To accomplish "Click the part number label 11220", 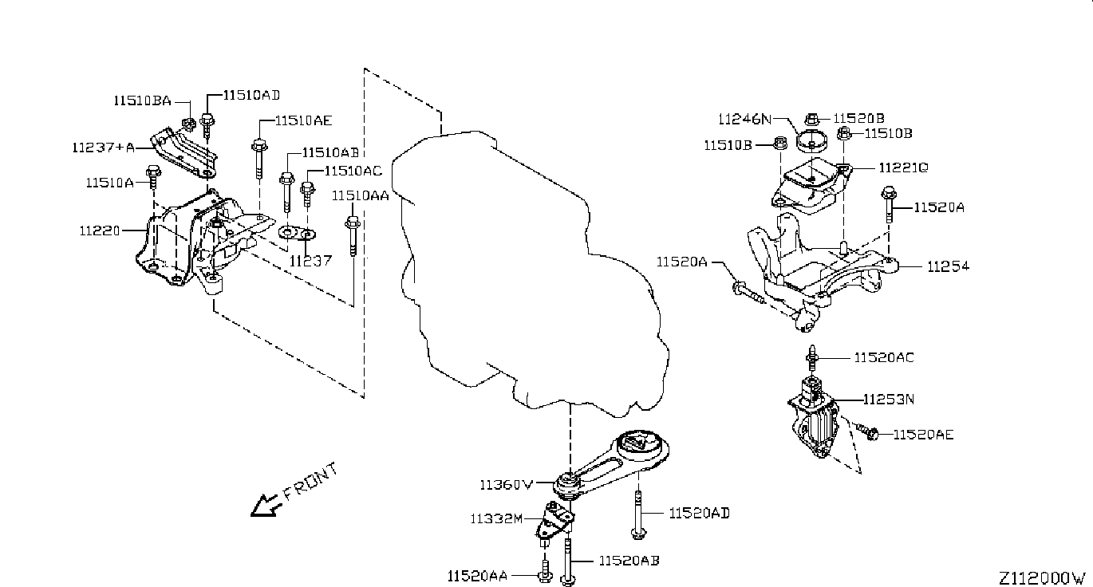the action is pos(100,230).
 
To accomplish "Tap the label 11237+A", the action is pos(104,148).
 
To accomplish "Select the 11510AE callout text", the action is pos(303,120).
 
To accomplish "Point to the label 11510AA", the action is pos(361,195).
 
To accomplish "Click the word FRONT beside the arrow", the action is pos(310,482).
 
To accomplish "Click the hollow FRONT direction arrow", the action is pos(263,506).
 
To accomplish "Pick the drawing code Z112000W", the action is pos(1041,578).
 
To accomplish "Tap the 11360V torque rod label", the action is pos(507,485).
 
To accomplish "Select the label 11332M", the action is pos(496,518).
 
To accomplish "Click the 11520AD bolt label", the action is pos(699,514).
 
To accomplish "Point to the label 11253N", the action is pos(889,400).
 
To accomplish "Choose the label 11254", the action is pos(948,266).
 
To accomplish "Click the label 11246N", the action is pos(744,119).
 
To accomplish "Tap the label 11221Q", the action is pos(904,167).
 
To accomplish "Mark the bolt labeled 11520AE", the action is pos(866,431).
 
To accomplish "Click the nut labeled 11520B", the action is pos(811,120).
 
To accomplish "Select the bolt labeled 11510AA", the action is pos(353,236).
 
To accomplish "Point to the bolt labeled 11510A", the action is pos(153,176).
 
